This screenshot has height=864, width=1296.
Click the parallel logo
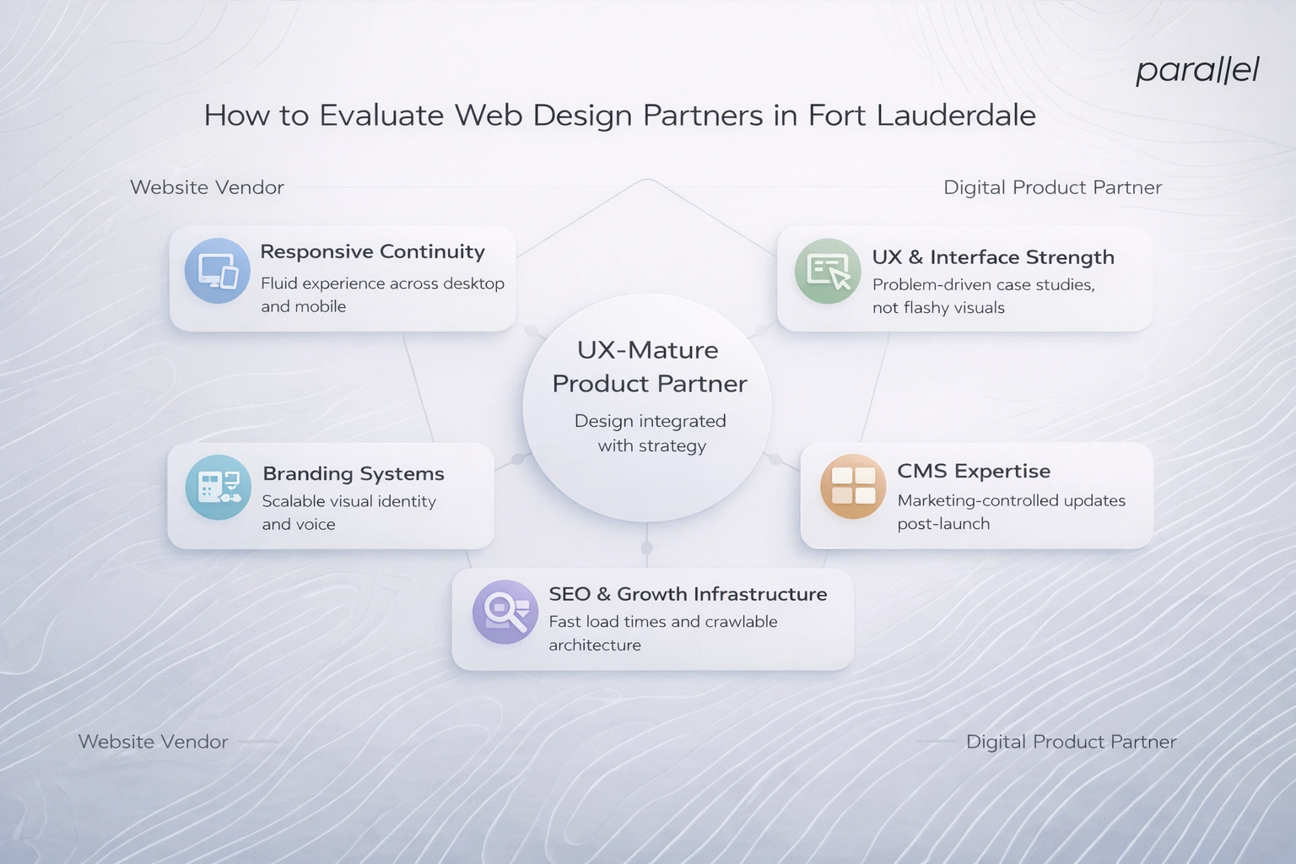(x=1196, y=70)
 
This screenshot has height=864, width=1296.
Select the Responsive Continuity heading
(x=372, y=251)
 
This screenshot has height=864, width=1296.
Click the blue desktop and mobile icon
(x=218, y=271)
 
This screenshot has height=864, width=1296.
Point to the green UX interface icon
(x=828, y=271)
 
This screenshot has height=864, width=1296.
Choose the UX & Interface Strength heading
(x=993, y=257)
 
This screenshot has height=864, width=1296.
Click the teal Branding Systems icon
(x=218, y=488)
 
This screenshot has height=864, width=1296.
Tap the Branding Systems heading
(x=353, y=473)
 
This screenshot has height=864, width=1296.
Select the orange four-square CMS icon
(x=853, y=486)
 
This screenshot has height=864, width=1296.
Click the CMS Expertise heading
(x=974, y=471)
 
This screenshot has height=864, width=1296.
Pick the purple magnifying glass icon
(x=505, y=612)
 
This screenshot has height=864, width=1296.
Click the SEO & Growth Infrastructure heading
(x=688, y=594)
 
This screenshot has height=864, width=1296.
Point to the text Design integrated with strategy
(x=651, y=433)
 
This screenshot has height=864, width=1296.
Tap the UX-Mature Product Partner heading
(x=649, y=367)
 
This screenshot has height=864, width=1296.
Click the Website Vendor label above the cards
(x=207, y=187)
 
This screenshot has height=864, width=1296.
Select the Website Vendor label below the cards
(x=153, y=742)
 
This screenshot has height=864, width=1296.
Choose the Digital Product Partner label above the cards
(x=1052, y=187)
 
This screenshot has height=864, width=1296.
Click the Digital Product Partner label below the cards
(x=1071, y=742)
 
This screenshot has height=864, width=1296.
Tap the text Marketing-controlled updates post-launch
(x=1011, y=512)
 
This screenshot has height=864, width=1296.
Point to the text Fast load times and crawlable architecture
(x=662, y=633)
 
